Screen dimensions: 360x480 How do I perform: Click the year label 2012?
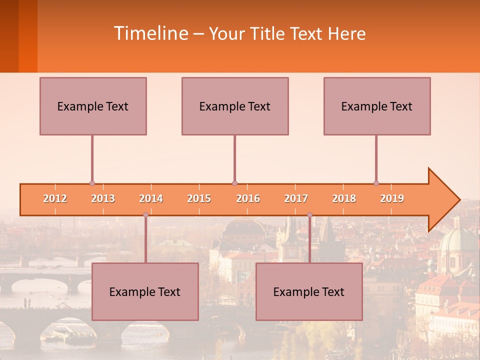coord(55,198)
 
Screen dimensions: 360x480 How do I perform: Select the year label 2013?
coord(103,198)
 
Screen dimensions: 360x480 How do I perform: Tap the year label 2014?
coord(151,198)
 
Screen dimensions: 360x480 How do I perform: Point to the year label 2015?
coord(199,198)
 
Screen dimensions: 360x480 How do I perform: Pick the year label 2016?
coord(248,198)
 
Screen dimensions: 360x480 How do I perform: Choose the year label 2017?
coord(296,198)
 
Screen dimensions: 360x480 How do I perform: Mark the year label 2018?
coord(344,198)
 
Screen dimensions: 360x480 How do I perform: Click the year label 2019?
coord(392,198)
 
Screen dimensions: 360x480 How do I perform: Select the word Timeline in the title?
coord(150,33)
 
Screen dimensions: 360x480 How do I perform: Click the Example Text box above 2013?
coord(93,106)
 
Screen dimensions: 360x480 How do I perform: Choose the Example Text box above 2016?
coord(235,106)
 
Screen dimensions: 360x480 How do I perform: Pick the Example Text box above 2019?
coord(377,106)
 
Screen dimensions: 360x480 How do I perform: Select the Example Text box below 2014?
coord(145,291)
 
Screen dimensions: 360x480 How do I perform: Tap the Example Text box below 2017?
coord(309,291)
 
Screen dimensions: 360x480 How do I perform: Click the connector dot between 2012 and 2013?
coord(92,183)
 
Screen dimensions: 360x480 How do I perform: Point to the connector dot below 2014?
coord(145,214)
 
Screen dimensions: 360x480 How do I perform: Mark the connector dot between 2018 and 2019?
coord(376,183)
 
